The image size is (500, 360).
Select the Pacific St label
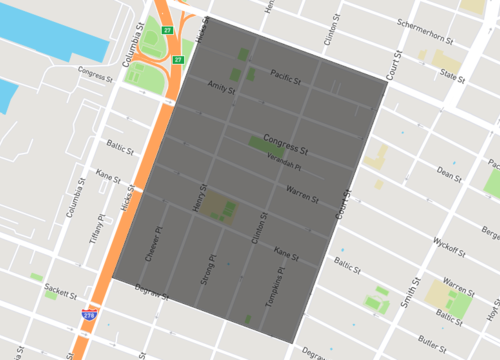pyautogui.click(x=288, y=72)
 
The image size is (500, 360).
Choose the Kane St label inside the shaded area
pyautogui.click(x=287, y=254)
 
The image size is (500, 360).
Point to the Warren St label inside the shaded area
pyautogui.click(x=302, y=189)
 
